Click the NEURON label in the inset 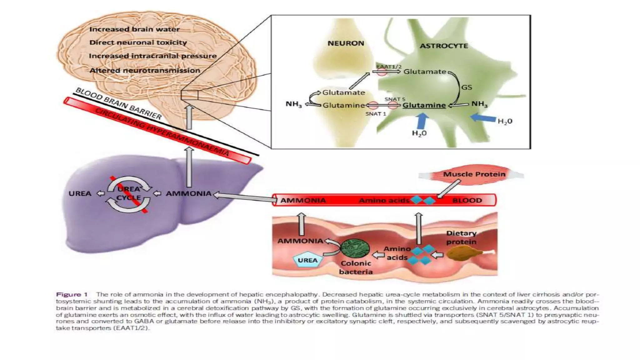pyautogui.click(x=346, y=43)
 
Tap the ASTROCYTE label pyautogui.click(x=443, y=46)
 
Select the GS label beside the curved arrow pyautogui.click(x=467, y=87)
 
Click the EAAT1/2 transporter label pyautogui.click(x=389, y=67)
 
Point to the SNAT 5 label pyautogui.click(x=395, y=99)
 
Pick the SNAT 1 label pyautogui.click(x=376, y=114)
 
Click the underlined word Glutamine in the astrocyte pyautogui.click(x=424, y=105)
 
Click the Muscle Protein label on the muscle pyautogui.click(x=474, y=174)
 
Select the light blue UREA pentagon pyautogui.click(x=307, y=260)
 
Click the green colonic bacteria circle pyautogui.click(x=355, y=248)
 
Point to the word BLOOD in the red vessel pyautogui.click(x=467, y=200)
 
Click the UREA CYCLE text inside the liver pyautogui.click(x=129, y=193)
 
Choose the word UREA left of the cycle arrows pyautogui.click(x=80, y=193)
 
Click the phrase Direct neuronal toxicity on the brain pyautogui.click(x=138, y=42)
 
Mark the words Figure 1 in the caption pyautogui.click(x=72, y=294)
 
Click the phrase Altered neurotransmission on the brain pyautogui.click(x=145, y=71)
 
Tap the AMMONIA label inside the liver pyautogui.click(x=188, y=193)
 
